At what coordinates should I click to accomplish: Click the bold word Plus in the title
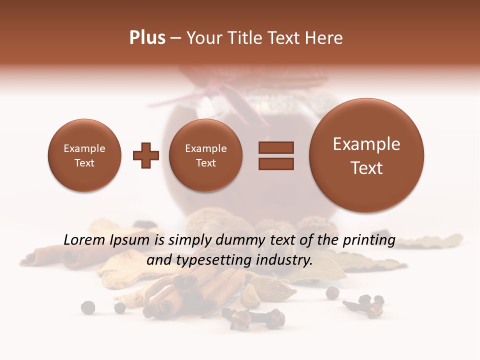coord(147,38)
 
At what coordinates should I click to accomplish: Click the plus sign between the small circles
coord(146,155)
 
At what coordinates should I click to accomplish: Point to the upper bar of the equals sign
coord(276,147)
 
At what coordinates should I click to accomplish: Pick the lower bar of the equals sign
coord(276,163)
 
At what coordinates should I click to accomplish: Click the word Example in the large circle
coord(366,144)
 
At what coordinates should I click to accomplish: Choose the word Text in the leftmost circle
coord(84,163)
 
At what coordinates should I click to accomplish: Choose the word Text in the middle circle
coord(205,163)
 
